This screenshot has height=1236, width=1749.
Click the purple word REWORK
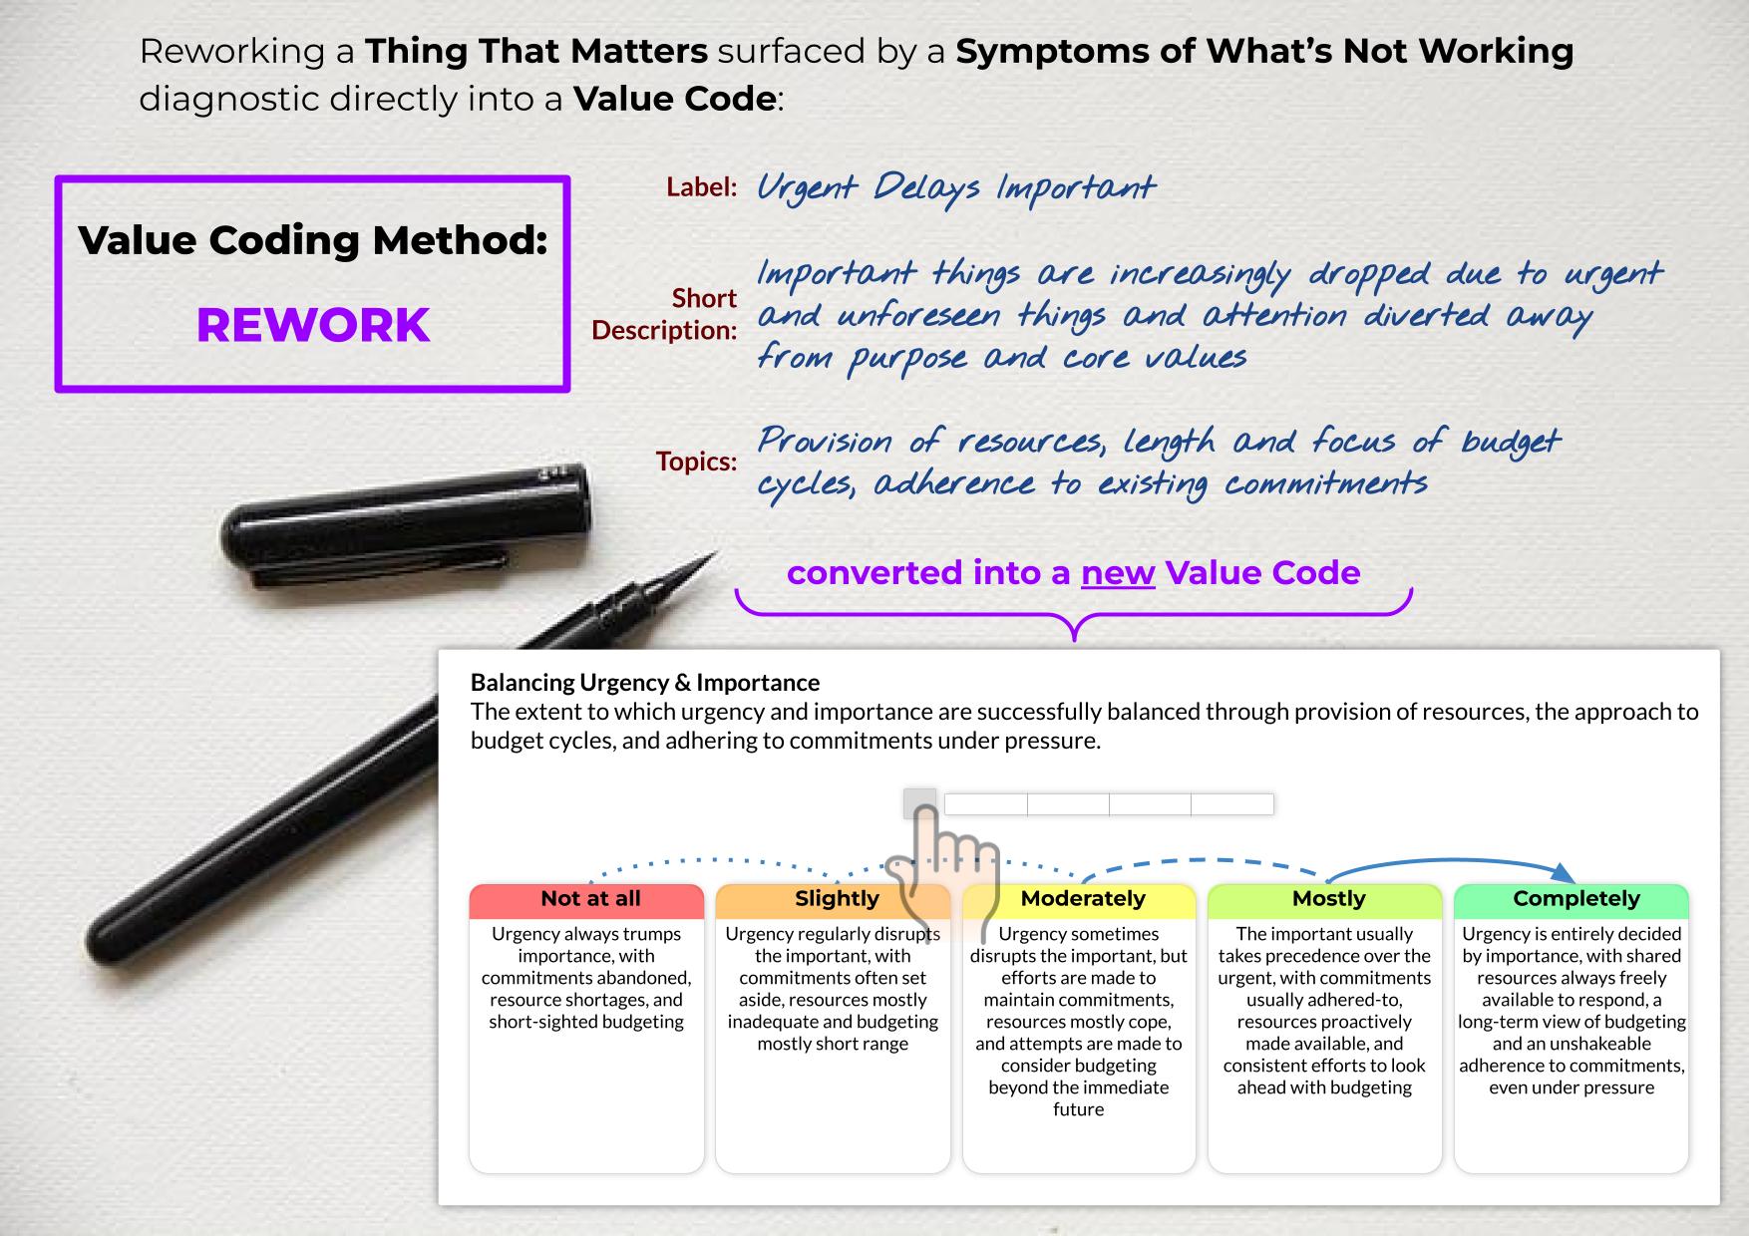(313, 325)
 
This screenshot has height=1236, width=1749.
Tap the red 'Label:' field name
(702, 187)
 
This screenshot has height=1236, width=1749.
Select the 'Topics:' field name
(696, 462)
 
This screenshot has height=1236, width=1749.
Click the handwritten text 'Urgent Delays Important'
(956, 187)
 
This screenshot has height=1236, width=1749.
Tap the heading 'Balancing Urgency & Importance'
(645, 683)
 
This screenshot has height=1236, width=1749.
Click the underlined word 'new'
(1118, 573)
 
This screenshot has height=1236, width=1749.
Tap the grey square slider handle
(920, 803)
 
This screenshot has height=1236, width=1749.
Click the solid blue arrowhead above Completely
(1564, 872)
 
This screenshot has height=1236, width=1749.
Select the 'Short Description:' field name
(664, 314)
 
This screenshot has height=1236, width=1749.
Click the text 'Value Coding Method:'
(313, 240)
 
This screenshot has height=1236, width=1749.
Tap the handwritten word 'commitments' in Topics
(1326, 484)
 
